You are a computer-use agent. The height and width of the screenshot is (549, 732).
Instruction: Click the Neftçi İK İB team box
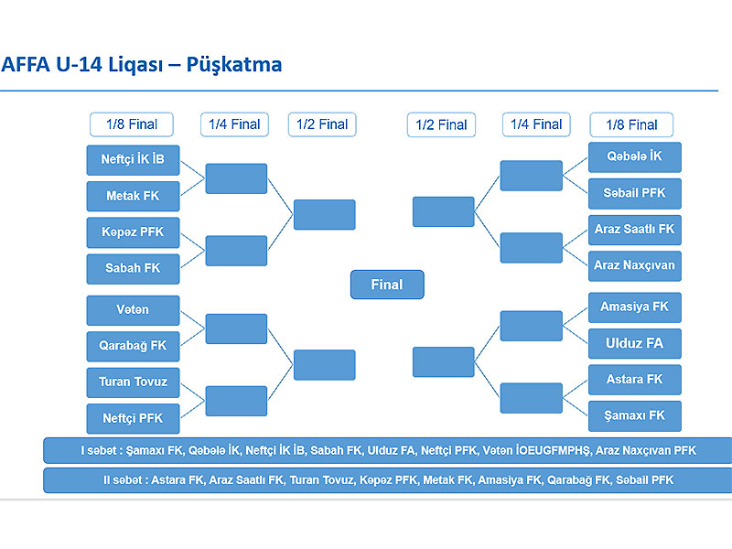133,160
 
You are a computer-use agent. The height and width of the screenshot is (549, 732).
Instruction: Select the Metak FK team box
133,196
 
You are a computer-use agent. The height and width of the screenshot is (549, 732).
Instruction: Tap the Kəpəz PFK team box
133,232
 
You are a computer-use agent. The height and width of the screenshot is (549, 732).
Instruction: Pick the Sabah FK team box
133,269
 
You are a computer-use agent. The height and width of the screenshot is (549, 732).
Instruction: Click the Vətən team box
133,310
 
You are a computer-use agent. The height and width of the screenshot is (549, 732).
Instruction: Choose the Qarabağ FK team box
133,347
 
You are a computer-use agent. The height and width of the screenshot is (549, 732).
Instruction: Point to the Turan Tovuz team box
133,382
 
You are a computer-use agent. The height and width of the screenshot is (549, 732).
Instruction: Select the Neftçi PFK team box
133,419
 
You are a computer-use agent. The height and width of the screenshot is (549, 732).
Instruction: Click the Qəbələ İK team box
635,156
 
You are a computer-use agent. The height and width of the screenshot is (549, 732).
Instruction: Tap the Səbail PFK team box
635,193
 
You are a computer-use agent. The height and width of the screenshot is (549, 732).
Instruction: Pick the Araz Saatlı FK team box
635,230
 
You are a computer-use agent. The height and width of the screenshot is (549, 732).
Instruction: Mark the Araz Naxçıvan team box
635,266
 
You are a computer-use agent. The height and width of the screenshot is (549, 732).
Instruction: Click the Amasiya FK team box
635,307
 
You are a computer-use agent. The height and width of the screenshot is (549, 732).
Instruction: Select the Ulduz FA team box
635,344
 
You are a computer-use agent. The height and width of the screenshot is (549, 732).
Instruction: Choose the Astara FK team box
635,380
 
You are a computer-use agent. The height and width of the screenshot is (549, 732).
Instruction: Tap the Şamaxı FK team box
635,416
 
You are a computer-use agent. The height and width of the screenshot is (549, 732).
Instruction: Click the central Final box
387,285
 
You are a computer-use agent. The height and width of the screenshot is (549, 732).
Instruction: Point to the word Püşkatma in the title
234,65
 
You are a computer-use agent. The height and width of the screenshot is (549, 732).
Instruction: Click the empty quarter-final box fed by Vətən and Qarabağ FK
236,328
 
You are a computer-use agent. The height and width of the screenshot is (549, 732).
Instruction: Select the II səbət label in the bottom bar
124,479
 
